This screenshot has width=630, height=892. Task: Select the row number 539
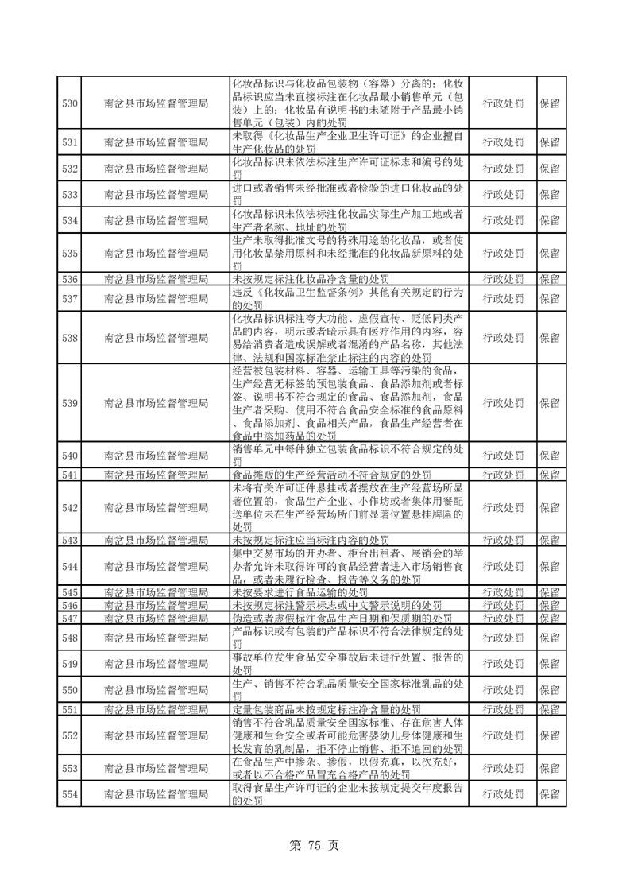pos(69,403)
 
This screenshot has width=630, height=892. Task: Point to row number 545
pos(69,592)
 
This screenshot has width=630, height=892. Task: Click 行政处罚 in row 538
pos(503,338)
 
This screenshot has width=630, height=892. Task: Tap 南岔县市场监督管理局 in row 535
pos(157,253)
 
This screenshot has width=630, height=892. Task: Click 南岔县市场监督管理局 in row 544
pos(157,566)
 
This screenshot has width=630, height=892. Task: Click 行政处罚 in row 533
pos(503,194)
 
